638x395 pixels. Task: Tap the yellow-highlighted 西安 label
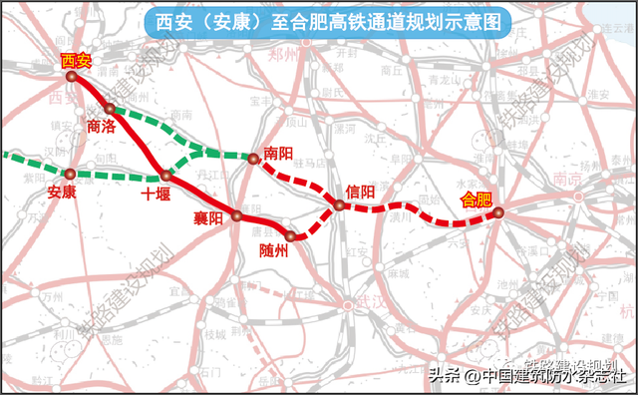pyautogui.click(x=76, y=61)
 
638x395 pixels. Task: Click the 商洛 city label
pyautogui.click(x=101, y=127)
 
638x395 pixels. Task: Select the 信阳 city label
pyautogui.click(x=360, y=191)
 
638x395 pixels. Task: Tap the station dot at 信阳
pyautogui.click(x=339, y=205)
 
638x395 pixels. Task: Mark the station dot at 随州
pyautogui.click(x=290, y=236)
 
